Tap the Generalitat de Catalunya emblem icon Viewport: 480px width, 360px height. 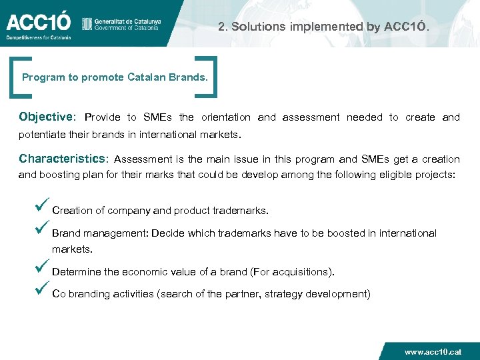[x=87, y=24]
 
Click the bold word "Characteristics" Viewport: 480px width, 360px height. [x=63, y=159]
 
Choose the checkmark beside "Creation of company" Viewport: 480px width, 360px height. [x=43, y=207]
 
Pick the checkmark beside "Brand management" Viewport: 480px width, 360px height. [x=43, y=231]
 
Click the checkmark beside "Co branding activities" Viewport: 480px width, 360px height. [x=43, y=291]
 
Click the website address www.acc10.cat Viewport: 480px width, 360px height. [x=433, y=351]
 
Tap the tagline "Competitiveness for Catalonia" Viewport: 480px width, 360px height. [x=39, y=38]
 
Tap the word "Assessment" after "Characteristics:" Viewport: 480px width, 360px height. [x=143, y=159]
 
